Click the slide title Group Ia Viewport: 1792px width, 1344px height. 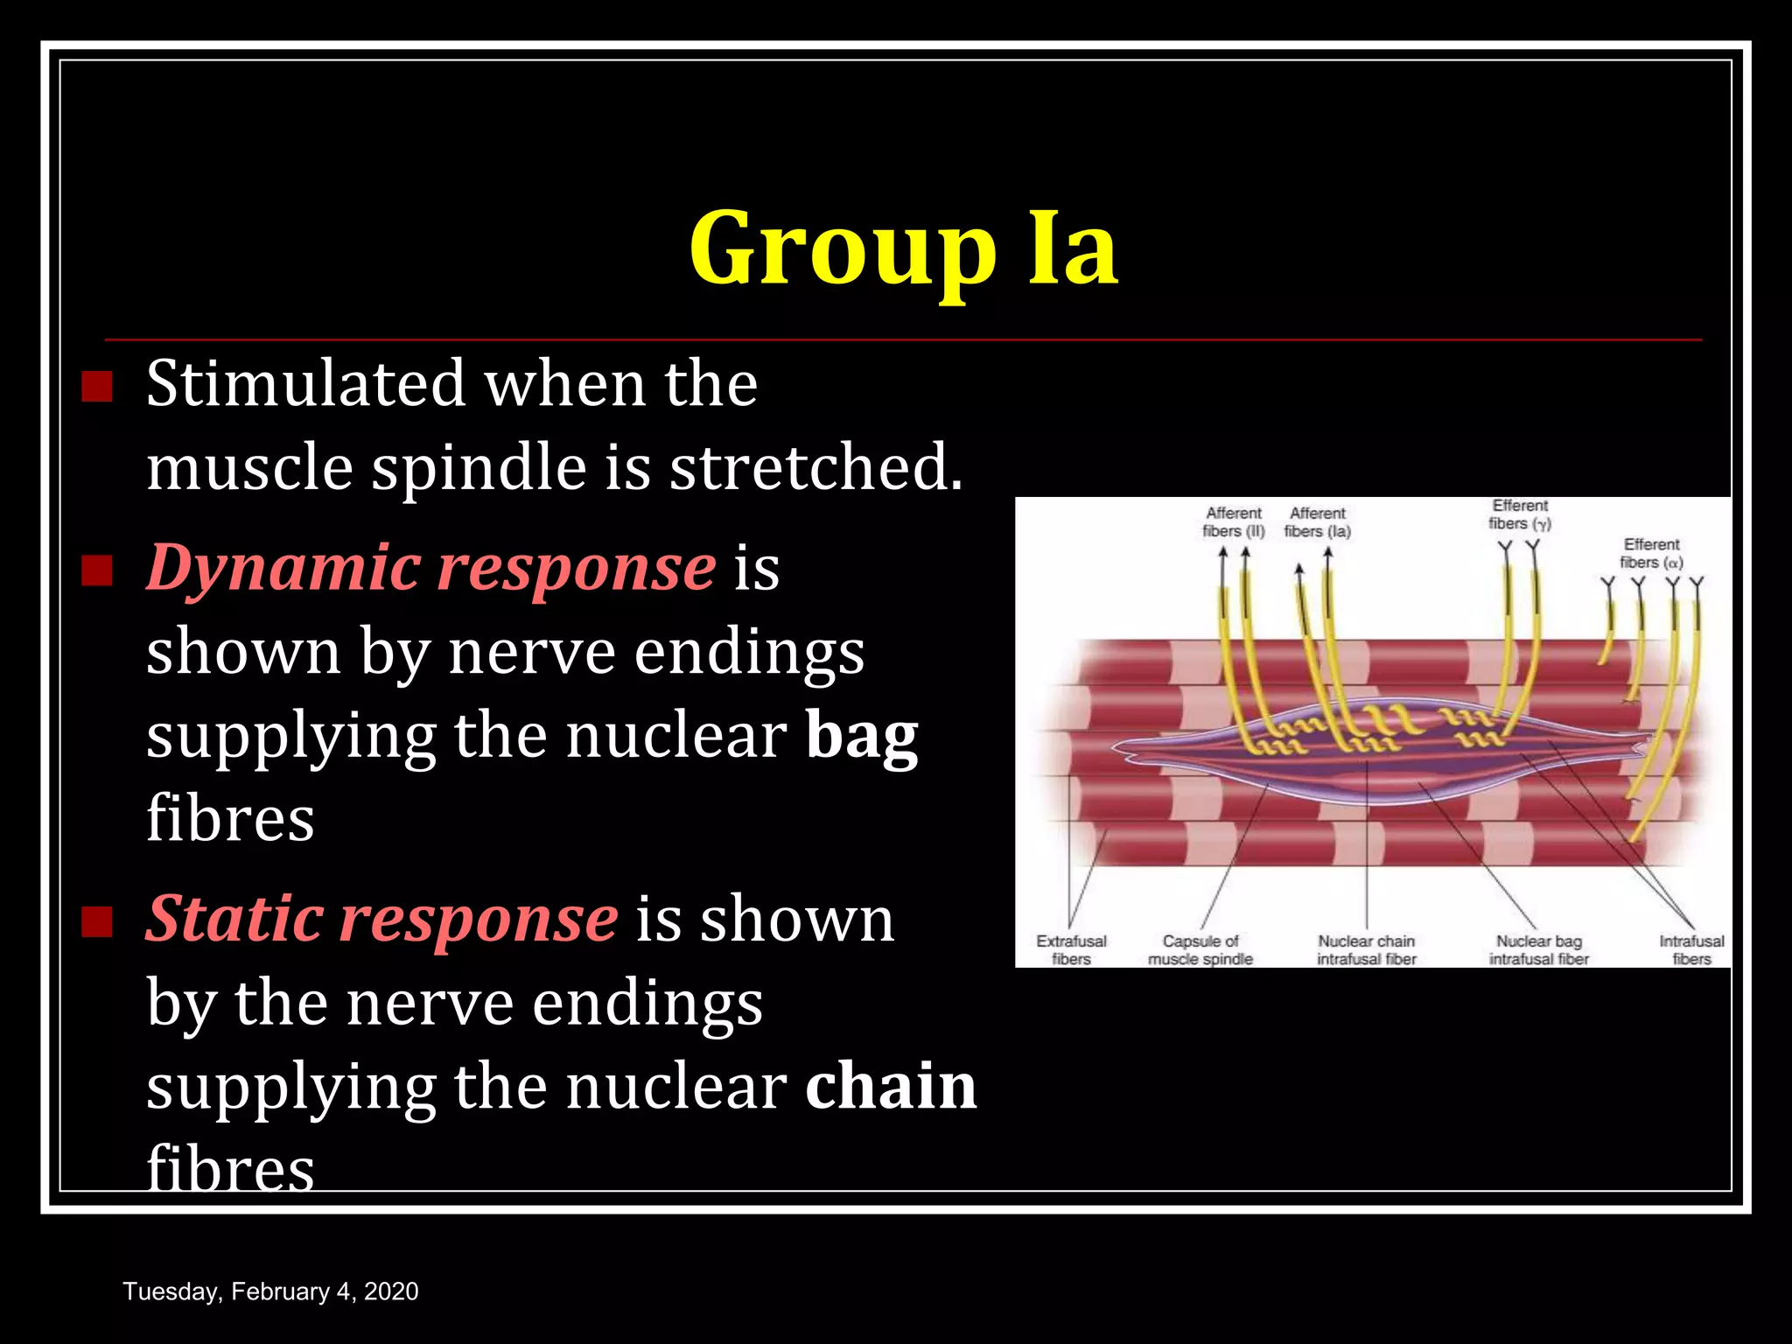tap(903, 249)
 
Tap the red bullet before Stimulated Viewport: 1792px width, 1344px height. tap(97, 386)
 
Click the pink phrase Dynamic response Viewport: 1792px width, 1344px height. tap(431, 568)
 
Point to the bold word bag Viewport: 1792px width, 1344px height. tap(861, 737)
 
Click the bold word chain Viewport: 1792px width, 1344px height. tap(890, 1087)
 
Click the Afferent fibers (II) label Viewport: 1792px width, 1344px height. tap(1234, 522)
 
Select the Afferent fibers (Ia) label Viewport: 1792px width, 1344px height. tap(1318, 522)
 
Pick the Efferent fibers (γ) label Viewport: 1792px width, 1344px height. tap(1520, 514)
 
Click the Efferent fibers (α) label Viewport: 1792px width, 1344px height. tap(1651, 553)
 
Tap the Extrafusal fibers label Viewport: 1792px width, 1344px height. tap(1071, 950)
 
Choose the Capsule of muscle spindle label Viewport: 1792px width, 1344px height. tap(1200, 950)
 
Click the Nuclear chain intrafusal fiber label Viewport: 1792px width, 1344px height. tap(1366, 950)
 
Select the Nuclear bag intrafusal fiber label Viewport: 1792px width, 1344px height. tap(1539, 950)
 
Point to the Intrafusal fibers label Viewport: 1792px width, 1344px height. tap(1691, 950)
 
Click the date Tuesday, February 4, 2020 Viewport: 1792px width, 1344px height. tap(270, 1291)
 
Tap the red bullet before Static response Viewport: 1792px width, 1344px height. tap(97, 921)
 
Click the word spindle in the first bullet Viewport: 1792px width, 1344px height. tap(479, 467)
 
